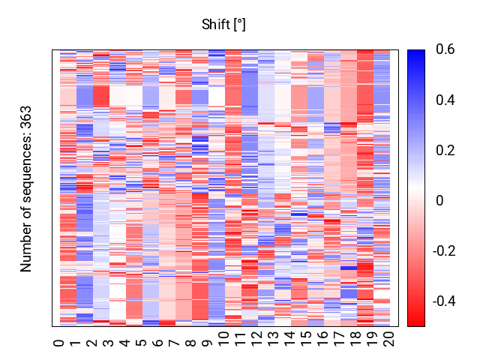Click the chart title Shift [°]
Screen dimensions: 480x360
(x=223, y=25)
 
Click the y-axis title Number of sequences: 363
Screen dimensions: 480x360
(x=25, y=189)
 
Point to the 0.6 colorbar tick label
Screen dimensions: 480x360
(x=445, y=49)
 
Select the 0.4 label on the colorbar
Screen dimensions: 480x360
(x=445, y=100)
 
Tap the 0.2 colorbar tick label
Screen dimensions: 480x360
(x=445, y=150)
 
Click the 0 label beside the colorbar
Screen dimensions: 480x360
(x=439, y=201)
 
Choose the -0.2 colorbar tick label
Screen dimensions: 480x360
(x=444, y=251)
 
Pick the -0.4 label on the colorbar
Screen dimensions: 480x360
(x=444, y=301)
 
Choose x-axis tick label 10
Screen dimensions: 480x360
(x=224, y=339)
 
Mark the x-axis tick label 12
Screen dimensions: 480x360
(x=257, y=339)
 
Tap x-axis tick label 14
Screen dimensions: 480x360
(x=290, y=339)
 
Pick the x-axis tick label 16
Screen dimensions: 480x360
(x=323, y=339)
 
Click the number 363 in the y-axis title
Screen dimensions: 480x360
(x=25, y=117)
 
